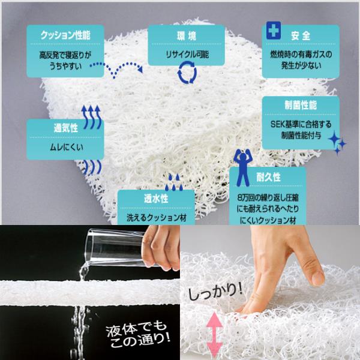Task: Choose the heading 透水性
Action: click(156, 199)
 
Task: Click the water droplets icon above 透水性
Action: click(173, 180)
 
